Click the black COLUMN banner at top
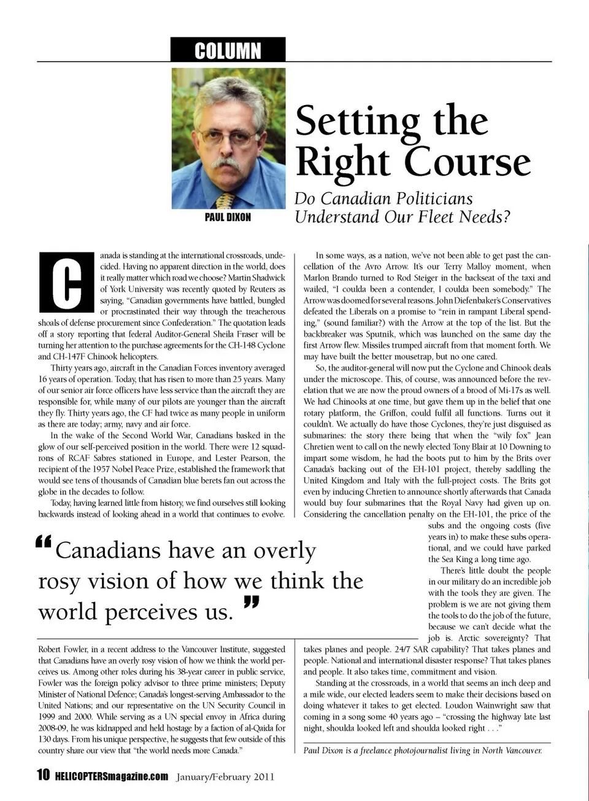228,50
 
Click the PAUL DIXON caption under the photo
228,217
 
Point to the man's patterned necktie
226,200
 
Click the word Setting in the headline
358,122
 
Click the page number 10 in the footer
44,775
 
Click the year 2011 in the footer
261,776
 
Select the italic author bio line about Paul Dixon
423,751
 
